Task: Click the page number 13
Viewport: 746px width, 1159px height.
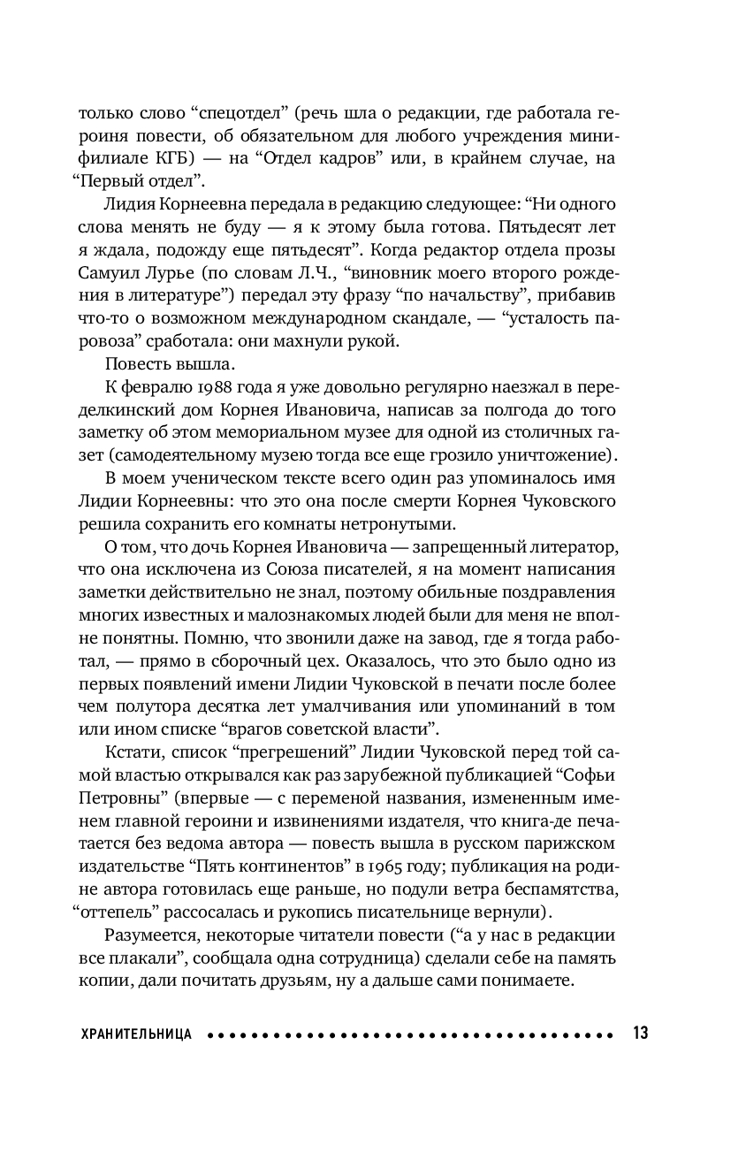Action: [x=640, y=1033]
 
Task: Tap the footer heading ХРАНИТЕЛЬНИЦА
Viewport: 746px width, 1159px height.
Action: [x=136, y=1033]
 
